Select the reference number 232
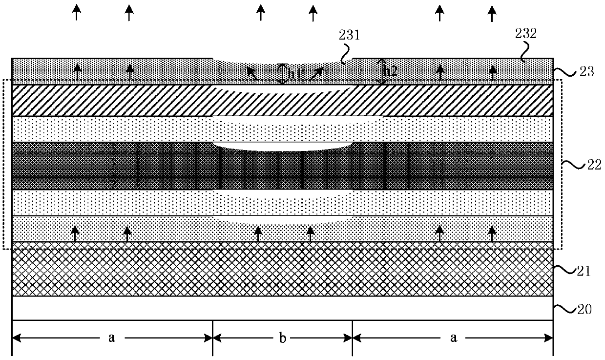525,33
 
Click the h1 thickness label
293,74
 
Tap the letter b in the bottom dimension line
282,338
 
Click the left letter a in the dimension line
111,338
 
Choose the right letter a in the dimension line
454,338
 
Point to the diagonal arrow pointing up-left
252,73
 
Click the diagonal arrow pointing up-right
316,73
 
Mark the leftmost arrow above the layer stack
76,12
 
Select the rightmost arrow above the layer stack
492,13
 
